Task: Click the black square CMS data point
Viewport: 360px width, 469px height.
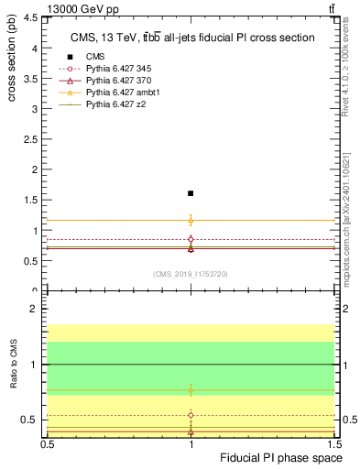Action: click(x=191, y=193)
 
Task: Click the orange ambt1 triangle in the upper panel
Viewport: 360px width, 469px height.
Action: click(x=191, y=220)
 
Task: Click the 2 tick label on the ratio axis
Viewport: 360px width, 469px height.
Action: click(x=37, y=310)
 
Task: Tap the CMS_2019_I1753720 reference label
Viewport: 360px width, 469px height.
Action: click(x=191, y=274)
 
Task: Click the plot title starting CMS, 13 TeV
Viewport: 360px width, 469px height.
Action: click(x=192, y=38)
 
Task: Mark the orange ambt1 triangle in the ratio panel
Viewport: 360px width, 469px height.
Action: click(x=191, y=390)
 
